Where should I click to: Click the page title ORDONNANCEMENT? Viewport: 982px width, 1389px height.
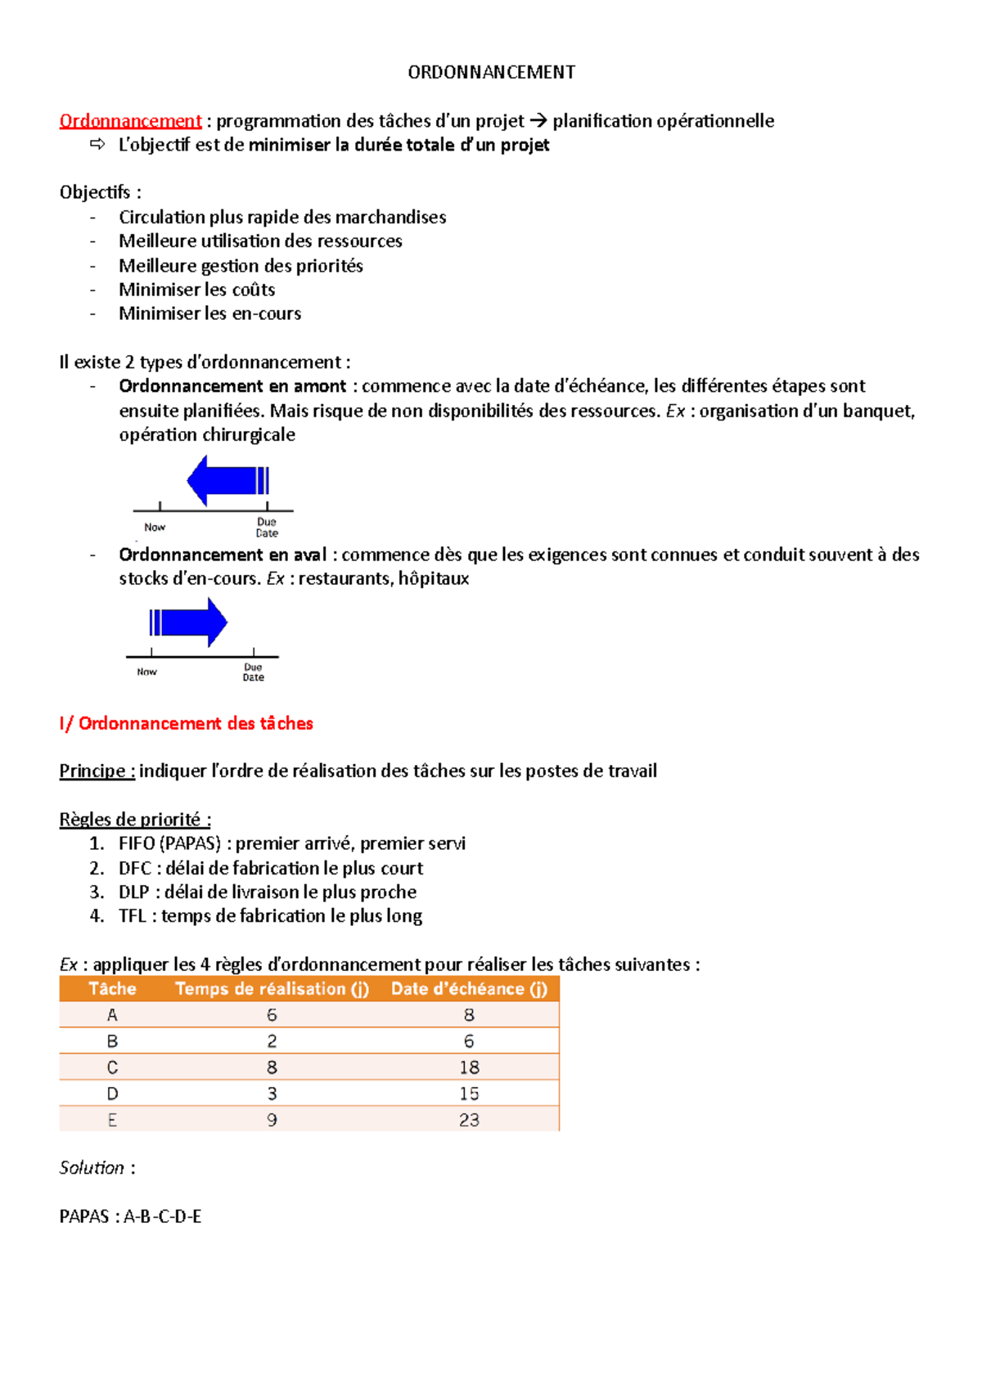click(x=491, y=72)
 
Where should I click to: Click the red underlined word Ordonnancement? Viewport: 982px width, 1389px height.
click(x=130, y=121)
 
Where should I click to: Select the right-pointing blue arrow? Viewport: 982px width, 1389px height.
click(x=188, y=623)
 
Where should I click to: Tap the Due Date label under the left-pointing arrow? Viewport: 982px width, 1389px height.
click(x=267, y=528)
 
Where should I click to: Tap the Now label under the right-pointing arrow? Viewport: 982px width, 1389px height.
click(x=146, y=672)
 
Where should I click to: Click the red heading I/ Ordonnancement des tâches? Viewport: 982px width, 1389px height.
click(x=186, y=723)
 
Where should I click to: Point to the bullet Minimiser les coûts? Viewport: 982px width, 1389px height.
click(x=196, y=290)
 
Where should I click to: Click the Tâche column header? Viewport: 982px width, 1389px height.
click(x=112, y=988)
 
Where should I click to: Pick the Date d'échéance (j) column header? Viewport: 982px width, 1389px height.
click(x=469, y=988)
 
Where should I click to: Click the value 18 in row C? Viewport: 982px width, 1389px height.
click(x=469, y=1068)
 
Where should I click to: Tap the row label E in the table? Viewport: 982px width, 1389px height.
click(x=112, y=1120)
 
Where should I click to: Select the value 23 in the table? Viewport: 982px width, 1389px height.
click(x=469, y=1120)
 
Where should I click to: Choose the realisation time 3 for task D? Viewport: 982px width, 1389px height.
click(x=272, y=1094)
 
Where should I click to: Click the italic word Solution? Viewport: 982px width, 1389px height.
click(x=92, y=1168)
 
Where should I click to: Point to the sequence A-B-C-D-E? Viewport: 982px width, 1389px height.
click(x=162, y=1216)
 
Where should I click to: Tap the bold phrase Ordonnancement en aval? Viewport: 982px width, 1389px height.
click(x=223, y=555)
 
